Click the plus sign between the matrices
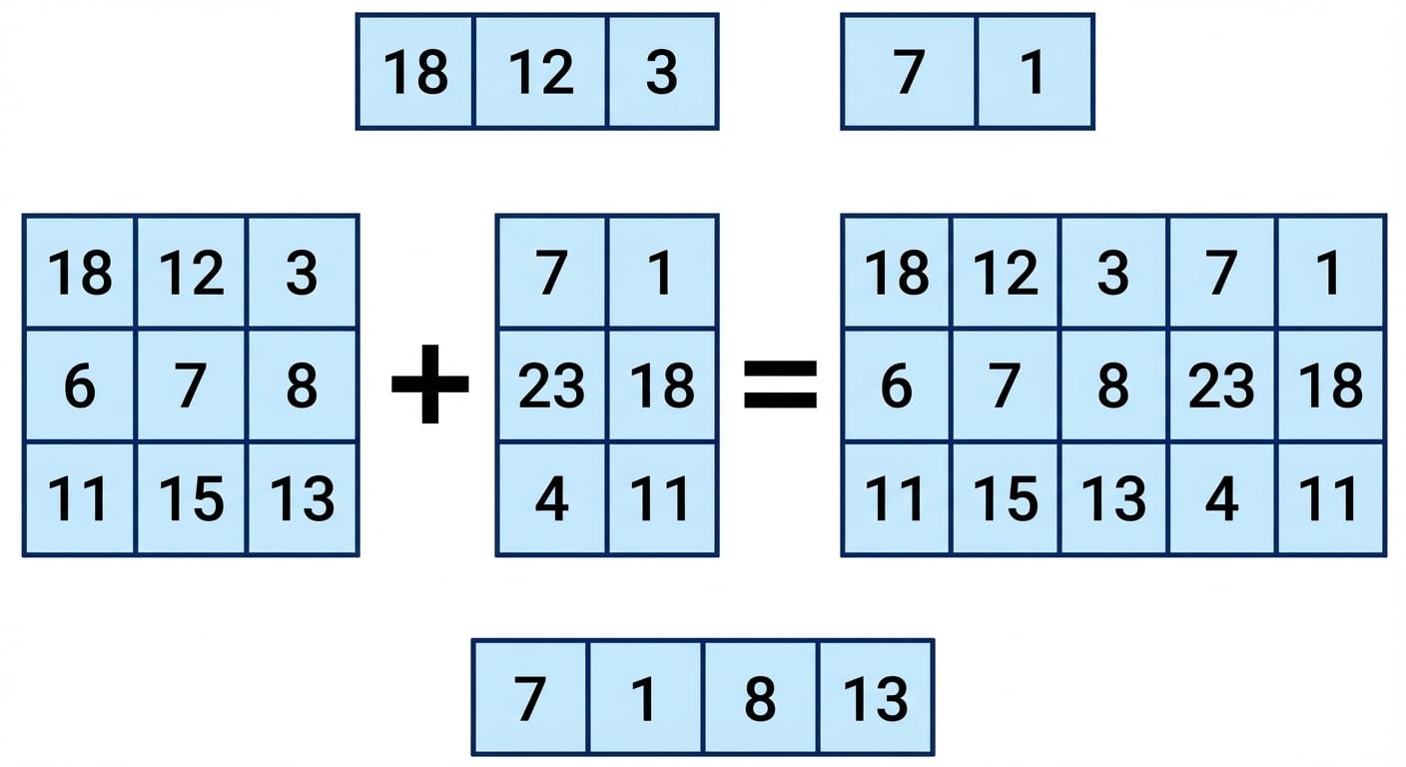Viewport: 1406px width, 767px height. point(430,383)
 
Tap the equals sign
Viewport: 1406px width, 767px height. point(780,384)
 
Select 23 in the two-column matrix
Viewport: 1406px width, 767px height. point(551,385)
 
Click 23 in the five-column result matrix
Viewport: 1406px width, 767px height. point(1221,385)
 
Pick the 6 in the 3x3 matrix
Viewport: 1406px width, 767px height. point(80,385)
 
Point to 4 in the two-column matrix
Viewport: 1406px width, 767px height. point(552,499)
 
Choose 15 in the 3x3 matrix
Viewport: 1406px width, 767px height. point(191,499)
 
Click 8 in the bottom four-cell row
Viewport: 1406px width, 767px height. point(760,698)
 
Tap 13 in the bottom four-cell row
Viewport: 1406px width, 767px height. point(875,698)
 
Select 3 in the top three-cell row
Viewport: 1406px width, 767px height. point(662,72)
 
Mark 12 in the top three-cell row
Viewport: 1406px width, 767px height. point(540,72)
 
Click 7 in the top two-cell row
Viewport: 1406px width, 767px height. point(909,72)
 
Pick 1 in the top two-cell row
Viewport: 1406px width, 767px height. point(1033,72)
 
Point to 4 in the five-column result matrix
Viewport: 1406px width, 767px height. point(1221,499)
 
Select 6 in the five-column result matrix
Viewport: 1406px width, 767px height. point(897,385)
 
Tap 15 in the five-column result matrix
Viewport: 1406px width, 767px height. point(1006,499)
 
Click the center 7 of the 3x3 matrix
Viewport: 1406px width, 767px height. point(191,385)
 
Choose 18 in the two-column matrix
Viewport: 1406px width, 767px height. point(662,385)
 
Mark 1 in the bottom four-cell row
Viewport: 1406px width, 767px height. point(644,698)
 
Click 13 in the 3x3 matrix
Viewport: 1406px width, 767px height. point(302,499)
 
